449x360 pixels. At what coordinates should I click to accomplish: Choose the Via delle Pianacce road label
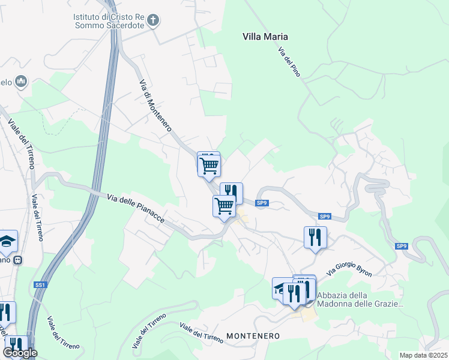click(136, 209)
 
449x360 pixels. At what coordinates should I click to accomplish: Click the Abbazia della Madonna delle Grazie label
click(359, 299)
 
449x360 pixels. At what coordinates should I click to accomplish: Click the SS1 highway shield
click(40, 284)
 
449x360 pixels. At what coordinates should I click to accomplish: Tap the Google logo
click(20, 353)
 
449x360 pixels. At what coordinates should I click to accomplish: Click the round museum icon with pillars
click(22, 81)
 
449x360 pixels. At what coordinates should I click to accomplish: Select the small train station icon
click(18, 260)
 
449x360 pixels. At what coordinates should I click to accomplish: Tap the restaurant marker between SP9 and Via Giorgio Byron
click(315, 237)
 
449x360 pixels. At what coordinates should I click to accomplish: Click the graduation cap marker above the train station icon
click(7, 241)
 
